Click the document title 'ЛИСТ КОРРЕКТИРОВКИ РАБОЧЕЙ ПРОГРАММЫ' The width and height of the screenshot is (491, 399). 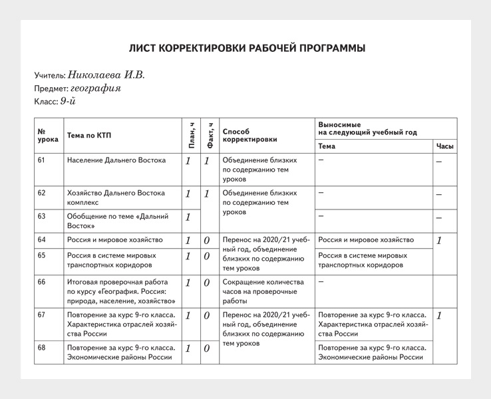click(247, 49)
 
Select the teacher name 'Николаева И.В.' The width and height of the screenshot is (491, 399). click(106, 75)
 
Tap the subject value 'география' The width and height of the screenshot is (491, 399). click(96, 88)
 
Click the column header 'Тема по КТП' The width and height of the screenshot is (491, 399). click(89, 136)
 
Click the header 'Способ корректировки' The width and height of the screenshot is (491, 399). click(249, 136)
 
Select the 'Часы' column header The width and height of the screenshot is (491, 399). click(444, 146)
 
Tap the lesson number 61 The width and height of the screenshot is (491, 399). click(42, 160)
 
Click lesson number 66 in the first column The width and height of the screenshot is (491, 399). click(42, 282)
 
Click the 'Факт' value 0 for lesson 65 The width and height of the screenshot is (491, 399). click(207, 256)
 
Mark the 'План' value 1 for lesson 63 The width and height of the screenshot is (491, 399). click(188, 217)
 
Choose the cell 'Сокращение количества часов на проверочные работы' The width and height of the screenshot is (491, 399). click(263, 291)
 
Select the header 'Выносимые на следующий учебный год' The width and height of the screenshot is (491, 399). click(368, 128)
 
